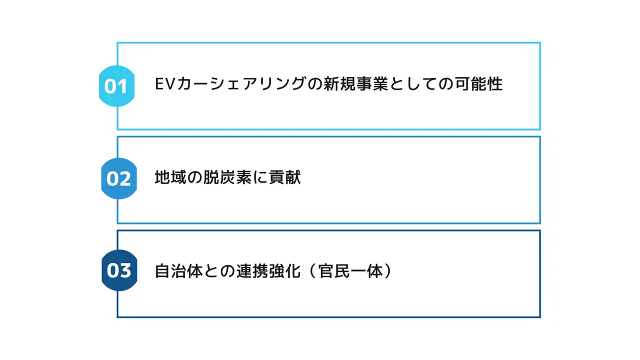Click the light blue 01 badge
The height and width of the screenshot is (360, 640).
[116, 86]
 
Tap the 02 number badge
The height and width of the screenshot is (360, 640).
[119, 178]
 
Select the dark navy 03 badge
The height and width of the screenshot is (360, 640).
[119, 270]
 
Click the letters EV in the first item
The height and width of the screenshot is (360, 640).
[164, 84]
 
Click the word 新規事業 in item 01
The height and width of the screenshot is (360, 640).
[355, 84]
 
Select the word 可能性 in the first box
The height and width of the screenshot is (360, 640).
[478, 84]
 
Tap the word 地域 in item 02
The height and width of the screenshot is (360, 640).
[170, 177]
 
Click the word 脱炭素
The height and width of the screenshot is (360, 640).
[227, 177]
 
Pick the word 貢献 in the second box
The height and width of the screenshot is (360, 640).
[285, 177]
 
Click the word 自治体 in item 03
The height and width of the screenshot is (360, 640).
[179, 271]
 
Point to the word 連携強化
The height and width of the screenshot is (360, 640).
[268, 271]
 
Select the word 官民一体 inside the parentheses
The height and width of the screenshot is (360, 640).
[350, 271]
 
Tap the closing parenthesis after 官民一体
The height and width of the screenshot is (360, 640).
[388, 271]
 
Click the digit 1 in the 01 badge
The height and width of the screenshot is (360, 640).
[123, 86]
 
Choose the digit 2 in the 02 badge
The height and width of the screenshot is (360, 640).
[125, 179]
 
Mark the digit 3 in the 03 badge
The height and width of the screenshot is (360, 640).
[125, 270]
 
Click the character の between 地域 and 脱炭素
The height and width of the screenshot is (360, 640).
[195, 177]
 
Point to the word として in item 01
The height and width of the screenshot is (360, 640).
[413, 84]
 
